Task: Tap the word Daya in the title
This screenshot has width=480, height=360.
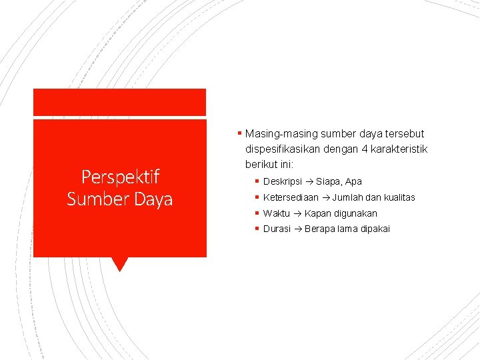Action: click(x=153, y=199)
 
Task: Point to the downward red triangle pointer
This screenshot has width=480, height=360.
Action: click(x=120, y=264)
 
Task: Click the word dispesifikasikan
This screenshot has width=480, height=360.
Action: click(x=283, y=149)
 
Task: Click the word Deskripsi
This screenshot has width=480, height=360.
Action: click(x=283, y=181)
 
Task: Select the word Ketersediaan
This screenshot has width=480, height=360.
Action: click(x=291, y=197)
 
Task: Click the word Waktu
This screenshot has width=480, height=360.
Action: click(x=277, y=213)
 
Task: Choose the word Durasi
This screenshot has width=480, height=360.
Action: click(x=277, y=229)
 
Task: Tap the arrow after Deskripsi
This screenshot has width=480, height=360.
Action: click(x=309, y=181)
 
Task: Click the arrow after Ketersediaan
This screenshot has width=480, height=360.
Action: click(x=325, y=197)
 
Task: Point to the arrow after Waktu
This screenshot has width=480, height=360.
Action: click(x=297, y=213)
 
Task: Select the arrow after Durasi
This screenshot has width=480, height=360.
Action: click(x=297, y=229)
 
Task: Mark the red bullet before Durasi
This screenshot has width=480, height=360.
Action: click(x=257, y=229)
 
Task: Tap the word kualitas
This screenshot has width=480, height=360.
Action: click(x=398, y=197)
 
